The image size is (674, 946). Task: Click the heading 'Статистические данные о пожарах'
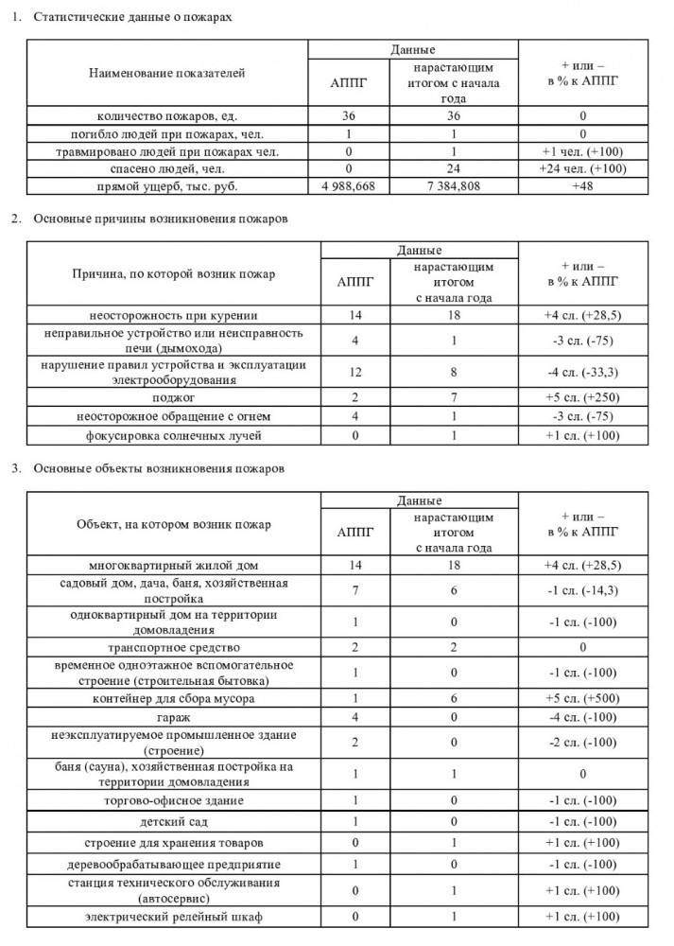pos(131,18)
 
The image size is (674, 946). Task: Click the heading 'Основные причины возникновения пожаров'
pos(160,219)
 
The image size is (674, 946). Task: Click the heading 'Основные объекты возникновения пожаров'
pos(158,468)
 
